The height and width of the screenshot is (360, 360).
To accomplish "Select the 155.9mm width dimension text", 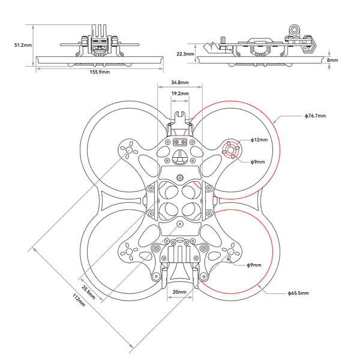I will [x=100, y=72].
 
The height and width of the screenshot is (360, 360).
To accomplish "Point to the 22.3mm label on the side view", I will [x=185, y=53].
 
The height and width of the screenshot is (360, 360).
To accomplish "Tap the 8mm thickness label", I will [x=333, y=60].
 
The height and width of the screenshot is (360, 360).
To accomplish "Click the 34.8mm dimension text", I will [x=179, y=82].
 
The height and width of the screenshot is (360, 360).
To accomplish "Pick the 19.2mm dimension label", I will [x=179, y=94].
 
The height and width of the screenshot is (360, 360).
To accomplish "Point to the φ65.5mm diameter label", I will [x=298, y=293].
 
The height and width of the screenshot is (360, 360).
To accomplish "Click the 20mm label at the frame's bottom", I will [x=179, y=293].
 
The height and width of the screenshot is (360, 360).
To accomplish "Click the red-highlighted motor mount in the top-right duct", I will [x=232, y=150].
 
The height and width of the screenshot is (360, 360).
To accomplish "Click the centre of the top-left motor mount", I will [x=127, y=150].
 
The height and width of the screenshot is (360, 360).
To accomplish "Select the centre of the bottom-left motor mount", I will [x=128, y=253].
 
